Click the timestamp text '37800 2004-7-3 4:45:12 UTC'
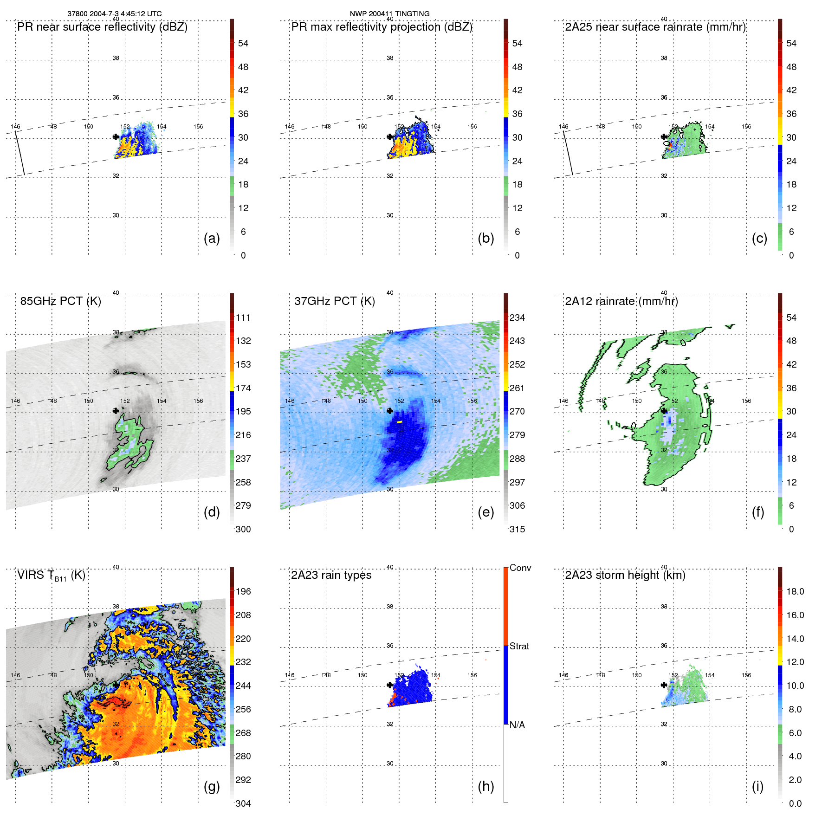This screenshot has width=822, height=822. click(x=115, y=14)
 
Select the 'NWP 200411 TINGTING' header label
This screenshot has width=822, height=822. click(x=389, y=14)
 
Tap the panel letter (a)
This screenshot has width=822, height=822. click(x=212, y=238)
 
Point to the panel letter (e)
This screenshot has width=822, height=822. click(x=485, y=512)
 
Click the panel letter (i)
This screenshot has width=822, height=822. click(x=757, y=786)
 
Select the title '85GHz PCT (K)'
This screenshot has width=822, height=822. click(x=60, y=301)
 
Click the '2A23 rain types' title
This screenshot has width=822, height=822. click(x=331, y=575)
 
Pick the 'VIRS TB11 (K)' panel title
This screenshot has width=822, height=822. click(x=51, y=576)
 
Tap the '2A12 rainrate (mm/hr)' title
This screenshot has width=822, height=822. click(x=621, y=301)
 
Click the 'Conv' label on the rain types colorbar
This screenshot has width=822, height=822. click(x=520, y=568)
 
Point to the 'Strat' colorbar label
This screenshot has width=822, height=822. click(x=519, y=646)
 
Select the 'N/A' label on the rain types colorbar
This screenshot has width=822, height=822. click(x=517, y=725)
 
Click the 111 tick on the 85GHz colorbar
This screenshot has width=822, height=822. click(x=243, y=317)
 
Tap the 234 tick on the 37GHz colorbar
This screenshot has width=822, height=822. click(x=517, y=317)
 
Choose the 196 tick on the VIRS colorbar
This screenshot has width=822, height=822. click(x=243, y=591)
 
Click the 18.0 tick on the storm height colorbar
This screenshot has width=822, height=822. click(x=795, y=591)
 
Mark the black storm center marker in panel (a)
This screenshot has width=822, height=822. click(x=116, y=136)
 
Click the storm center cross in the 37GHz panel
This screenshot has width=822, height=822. click(x=390, y=411)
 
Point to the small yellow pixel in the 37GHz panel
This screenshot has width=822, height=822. click(x=399, y=422)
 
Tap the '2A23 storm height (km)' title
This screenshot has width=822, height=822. click(x=625, y=575)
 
